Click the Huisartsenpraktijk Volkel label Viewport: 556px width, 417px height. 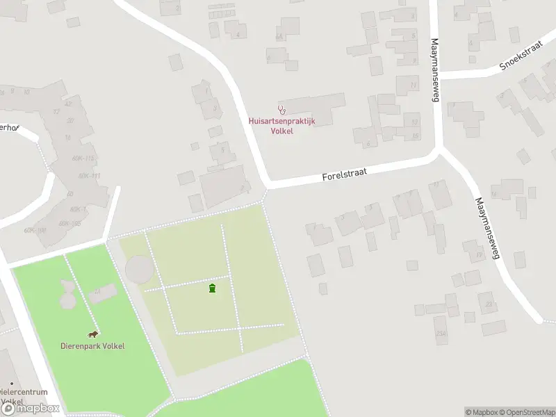pyautogui.click(x=281, y=126)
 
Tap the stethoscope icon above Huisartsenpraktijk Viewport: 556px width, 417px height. pyautogui.click(x=281, y=109)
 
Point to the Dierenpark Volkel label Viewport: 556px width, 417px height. pyautogui.click(x=92, y=346)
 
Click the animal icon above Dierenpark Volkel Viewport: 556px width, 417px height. pyautogui.click(x=92, y=334)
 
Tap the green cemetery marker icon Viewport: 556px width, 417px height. pyautogui.click(x=212, y=288)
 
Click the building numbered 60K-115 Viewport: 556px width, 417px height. pyautogui.click(x=83, y=158)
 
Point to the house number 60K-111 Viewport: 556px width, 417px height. pyautogui.click(x=89, y=176)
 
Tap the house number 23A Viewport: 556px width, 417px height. pyautogui.click(x=441, y=334)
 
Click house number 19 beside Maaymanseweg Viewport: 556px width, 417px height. pyautogui.click(x=479, y=255)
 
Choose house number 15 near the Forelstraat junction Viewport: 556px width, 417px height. pyautogui.click(x=415, y=136)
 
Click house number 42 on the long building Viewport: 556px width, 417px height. pyautogui.click(x=67, y=104)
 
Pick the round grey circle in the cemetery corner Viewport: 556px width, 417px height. pyautogui.click(x=138, y=269)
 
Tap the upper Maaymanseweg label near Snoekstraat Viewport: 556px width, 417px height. pyautogui.click(x=436, y=69)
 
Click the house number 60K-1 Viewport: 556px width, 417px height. pyautogui.click(x=77, y=208)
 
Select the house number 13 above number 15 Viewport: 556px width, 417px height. pyautogui.click(x=415, y=122)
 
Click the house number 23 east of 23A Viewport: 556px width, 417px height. pyautogui.click(x=489, y=304)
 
